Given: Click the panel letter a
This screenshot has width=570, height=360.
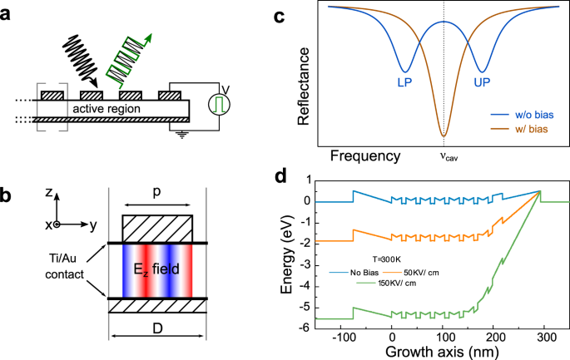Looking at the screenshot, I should (7, 12).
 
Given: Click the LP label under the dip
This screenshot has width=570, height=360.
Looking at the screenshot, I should (404, 84).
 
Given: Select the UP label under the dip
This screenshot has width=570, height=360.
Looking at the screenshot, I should (482, 84).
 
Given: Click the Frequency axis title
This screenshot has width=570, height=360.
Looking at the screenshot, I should (365, 155).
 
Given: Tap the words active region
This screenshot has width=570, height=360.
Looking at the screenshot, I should (104, 108).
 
